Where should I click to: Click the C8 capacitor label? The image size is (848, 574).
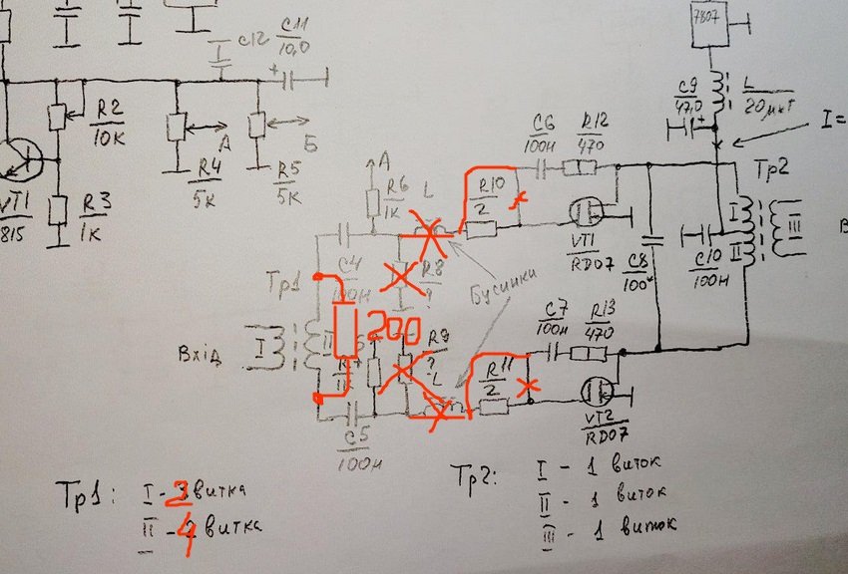(x=636, y=268)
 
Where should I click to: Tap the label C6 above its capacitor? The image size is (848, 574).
(x=543, y=132)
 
